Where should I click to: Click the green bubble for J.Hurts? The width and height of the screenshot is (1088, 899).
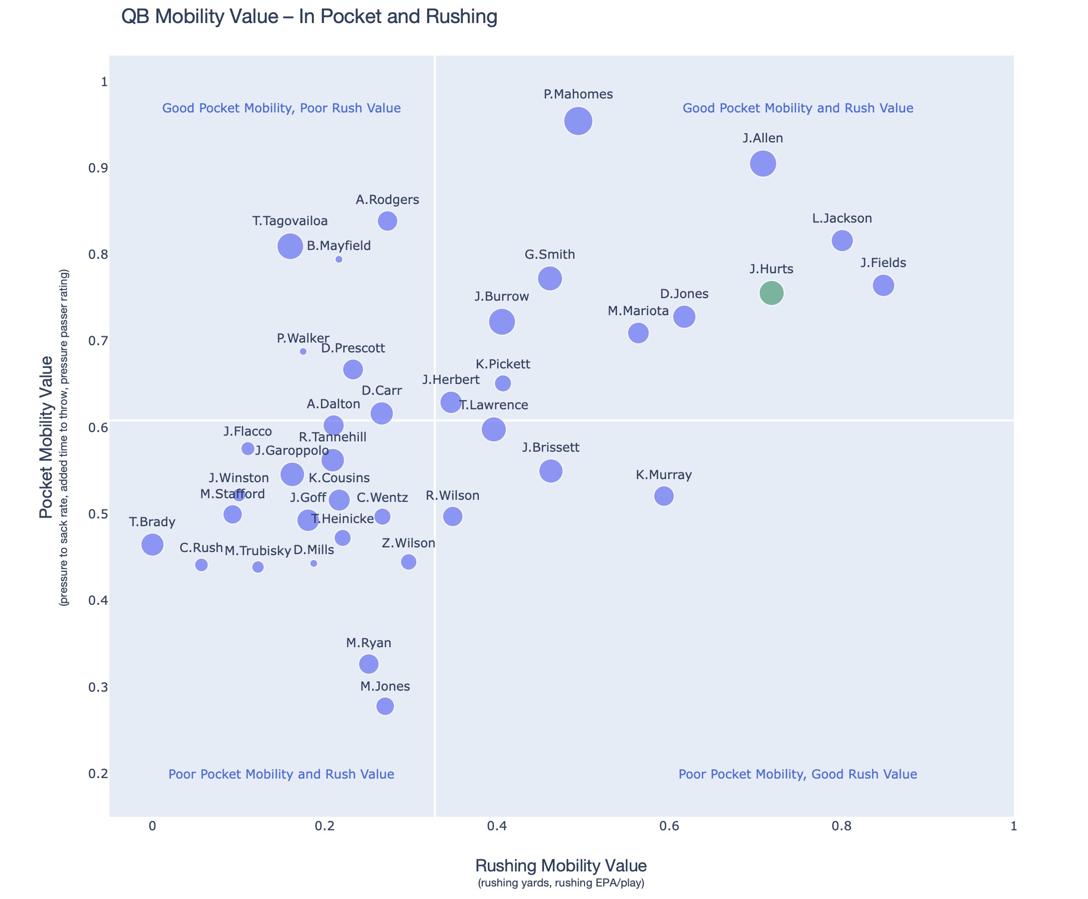click(x=772, y=293)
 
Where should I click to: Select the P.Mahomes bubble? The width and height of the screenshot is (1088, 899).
click(x=578, y=121)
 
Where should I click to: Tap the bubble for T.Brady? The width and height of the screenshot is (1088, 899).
click(x=152, y=544)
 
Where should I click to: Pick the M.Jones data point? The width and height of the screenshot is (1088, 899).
click(x=385, y=706)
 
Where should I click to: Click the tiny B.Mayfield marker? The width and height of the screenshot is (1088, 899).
click(x=339, y=260)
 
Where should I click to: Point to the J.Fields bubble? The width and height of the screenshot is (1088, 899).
click(x=883, y=285)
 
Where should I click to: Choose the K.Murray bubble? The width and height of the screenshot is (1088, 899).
click(x=664, y=496)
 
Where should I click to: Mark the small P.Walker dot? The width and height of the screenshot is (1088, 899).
click(x=303, y=352)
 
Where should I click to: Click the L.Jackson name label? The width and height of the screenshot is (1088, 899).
click(x=842, y=218)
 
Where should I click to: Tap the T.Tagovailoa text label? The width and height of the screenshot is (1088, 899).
click(x=290, y=221)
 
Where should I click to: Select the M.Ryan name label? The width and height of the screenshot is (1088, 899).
click(x=369, y=643)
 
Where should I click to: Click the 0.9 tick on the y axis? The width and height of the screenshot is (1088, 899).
click(x=97, y=168)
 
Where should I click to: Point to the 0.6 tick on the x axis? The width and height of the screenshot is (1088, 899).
click(x=669, y=826)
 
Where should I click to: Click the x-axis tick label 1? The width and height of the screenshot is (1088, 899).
click(x=1013, y=826)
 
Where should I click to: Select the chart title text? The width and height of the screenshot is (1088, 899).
click(x=309, y=17)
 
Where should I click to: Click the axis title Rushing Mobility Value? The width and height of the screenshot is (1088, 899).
click(x=561, y=866)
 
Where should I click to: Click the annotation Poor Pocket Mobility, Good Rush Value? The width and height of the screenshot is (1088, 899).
click(x=797, y=774)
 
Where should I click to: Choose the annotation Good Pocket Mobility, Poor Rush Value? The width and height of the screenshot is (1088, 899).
click(x=281, y=108)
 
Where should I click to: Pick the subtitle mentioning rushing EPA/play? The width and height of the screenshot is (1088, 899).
click(x=561, y=883)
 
